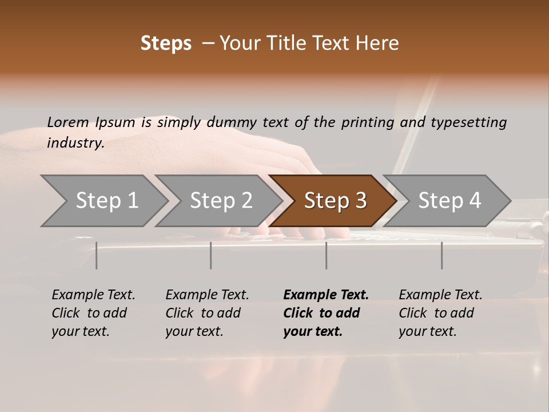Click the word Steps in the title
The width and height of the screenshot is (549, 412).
pos(166,43)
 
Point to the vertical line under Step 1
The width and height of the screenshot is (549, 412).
pos(97,255)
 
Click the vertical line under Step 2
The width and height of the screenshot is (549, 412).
pos(211,255)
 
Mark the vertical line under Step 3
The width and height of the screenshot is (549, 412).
pos(327,255)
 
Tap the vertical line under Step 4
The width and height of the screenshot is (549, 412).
pos(442,255)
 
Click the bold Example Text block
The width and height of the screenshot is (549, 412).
pos(325,313)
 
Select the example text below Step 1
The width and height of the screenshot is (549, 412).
pos(93,313)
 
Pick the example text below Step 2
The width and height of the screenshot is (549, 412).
pos(207,313)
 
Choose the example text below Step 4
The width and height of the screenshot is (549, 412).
pos(440,313)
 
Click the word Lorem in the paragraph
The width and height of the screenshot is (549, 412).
pos(67,122)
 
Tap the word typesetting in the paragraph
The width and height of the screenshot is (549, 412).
pos(468,122)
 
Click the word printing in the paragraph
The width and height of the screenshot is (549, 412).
pos(365,122)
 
